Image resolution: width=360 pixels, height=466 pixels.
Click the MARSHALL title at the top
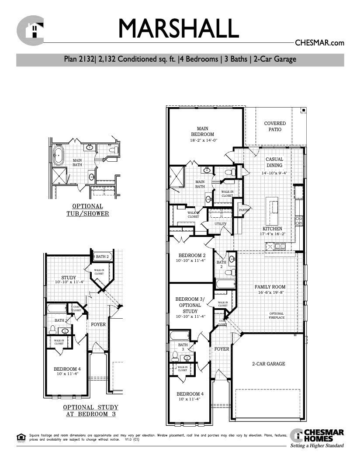click(179, 29)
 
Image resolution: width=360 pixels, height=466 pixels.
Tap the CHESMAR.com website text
click(320, 43)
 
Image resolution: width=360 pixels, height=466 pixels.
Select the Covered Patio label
click(275, 127)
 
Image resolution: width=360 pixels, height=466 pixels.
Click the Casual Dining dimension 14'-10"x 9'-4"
click(274, 173)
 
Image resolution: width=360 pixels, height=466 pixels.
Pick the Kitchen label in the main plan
click(272, 229)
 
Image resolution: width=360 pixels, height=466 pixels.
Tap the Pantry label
click(243, 210)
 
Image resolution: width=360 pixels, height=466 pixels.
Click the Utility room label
click(220, 224)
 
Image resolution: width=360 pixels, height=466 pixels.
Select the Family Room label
click(270, 287)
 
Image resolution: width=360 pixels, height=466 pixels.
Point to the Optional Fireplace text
click(277, 316)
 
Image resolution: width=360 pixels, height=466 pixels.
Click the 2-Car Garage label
click(268, 364)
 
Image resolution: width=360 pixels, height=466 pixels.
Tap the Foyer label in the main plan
click(222, 349)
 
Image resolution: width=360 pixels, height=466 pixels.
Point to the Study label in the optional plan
click(69, 278)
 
